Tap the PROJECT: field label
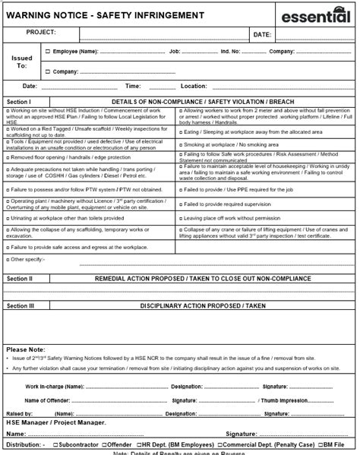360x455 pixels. tap(42, 33)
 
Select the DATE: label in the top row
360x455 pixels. tap(261, 35)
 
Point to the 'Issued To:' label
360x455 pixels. tap(23, 62)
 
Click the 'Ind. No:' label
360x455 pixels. tap(230, 52)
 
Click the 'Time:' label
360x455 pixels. tap(133, 86)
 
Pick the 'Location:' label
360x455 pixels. tap(194, 86)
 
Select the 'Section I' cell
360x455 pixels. tap(19, 101)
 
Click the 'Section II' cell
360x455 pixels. tap(20, 280)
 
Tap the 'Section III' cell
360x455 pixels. tap(21, 305)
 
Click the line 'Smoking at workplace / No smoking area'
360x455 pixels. tap(226, 143)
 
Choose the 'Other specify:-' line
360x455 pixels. tap(27, 260)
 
